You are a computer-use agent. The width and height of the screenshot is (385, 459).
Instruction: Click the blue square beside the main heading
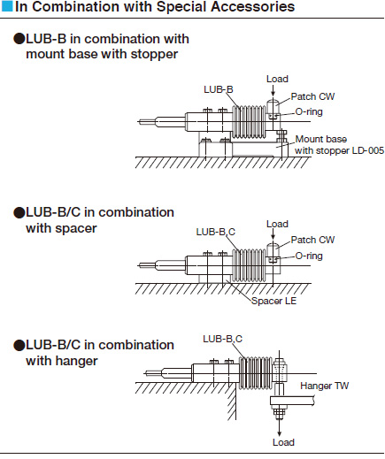click(7, 6)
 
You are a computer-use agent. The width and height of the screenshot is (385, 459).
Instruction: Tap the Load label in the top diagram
click(277, 79)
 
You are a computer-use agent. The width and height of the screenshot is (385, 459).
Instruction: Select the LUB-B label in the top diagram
click(219, 89)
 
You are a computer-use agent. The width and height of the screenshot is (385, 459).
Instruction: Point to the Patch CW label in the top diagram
click(312, 96)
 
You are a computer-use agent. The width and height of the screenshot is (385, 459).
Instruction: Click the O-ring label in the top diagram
click(309, 112)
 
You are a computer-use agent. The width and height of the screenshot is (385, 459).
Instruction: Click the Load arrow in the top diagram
click(273, 90)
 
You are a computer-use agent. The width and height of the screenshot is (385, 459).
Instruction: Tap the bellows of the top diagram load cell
click(250, 122)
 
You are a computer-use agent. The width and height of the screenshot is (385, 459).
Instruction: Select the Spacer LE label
click(273, 301)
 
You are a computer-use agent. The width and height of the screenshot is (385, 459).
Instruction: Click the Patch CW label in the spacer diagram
click(312, 240)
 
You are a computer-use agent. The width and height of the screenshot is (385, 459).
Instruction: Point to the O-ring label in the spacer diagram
click(309, 256)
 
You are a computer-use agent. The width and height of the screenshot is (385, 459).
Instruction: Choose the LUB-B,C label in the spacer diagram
click(216, 232)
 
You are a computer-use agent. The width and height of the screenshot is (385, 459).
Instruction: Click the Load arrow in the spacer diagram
click(273, 234)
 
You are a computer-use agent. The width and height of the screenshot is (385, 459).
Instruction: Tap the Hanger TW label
click(325, 386)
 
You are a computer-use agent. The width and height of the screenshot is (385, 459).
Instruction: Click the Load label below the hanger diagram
click(283, 442)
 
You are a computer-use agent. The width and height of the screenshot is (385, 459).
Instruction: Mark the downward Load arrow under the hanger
click(279, 427)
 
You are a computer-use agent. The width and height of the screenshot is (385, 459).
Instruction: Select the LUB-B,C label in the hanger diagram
click(222, 339)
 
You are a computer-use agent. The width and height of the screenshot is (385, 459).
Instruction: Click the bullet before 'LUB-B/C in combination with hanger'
click(19, 345)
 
